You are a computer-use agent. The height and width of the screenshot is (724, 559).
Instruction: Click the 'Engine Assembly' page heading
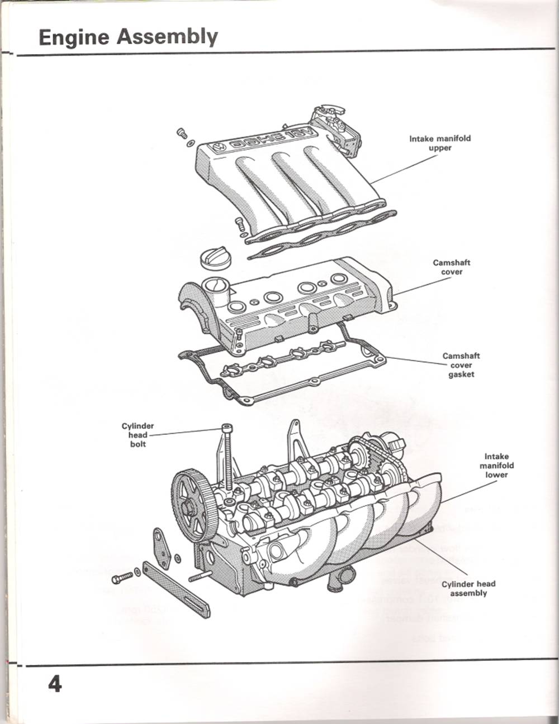(128, 37)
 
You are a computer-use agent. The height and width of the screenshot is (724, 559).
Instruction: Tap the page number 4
(54, 684)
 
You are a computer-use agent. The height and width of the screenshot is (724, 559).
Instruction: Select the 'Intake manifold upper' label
(439, 143)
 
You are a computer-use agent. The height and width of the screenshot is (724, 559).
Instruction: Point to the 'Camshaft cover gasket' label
(461, 365)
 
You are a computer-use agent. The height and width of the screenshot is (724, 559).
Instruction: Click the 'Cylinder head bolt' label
(138, 435)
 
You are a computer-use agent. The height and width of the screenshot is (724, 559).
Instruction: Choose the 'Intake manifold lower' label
(496, 466)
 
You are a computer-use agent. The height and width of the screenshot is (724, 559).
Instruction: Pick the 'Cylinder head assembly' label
(468, 588)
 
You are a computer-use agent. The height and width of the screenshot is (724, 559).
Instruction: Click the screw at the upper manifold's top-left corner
(182, 133)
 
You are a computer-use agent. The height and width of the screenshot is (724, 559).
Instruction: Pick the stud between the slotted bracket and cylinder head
(200, 576)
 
